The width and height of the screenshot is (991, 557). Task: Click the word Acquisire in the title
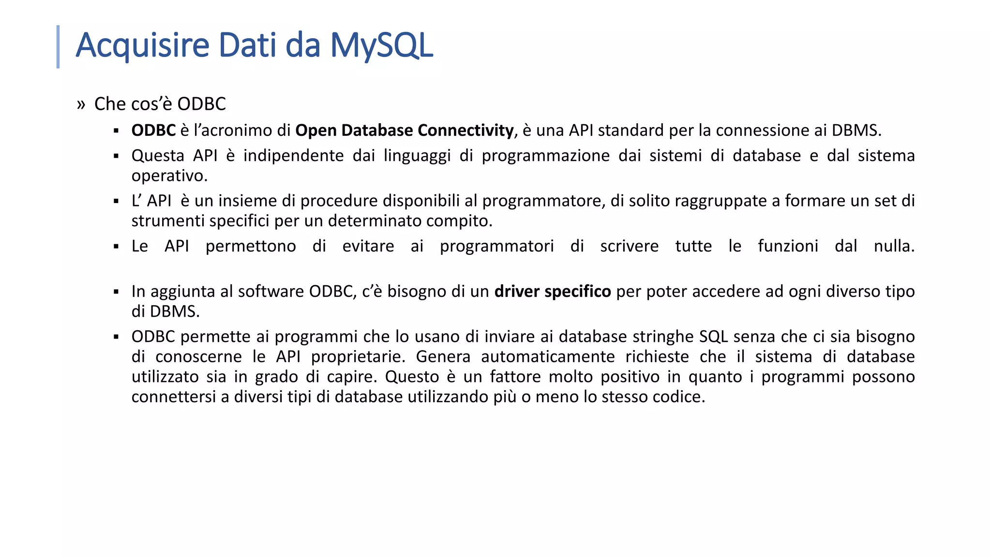coord(142,45)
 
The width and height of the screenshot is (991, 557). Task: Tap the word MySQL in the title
coord(381,45)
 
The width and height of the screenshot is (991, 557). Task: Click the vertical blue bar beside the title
coord(58,47)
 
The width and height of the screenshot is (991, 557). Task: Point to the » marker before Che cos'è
coord(81,104)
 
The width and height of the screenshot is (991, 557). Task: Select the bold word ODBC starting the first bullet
coord(153,131)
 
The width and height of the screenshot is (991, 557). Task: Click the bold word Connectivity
coord(465,131)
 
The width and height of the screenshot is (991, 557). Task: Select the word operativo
coord(169,176)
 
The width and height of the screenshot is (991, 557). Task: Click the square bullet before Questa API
coord(116,156)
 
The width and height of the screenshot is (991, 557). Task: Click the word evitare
coord(368,246)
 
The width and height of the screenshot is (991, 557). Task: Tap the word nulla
coord(894,246)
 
